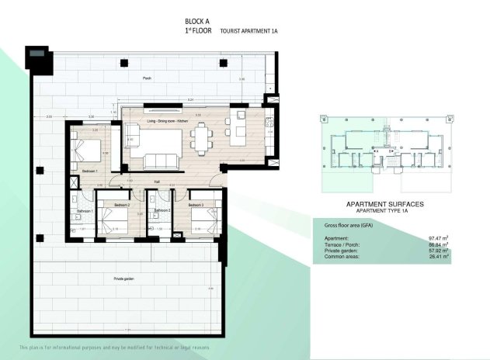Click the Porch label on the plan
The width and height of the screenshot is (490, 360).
point(147,78)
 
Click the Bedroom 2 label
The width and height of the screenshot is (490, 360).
point(121,205)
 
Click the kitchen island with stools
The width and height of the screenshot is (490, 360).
point(239,126)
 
